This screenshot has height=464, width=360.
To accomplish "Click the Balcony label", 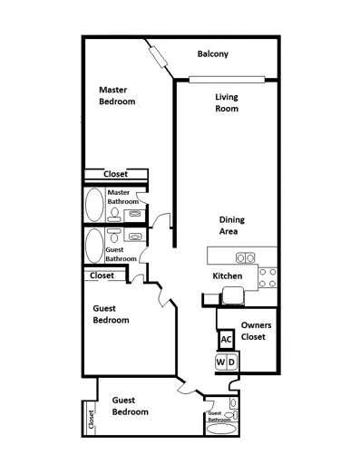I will pyautogui.click(x=213, y=54).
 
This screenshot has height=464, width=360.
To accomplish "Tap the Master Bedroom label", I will pyautogui.click(x=117, y=95).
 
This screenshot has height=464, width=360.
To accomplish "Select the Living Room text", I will pyautogui.click(x=227, y=102).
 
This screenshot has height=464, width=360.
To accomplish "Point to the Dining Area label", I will pyautogui.click(x=232, y=225).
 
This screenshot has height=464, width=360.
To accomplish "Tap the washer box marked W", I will pyautogui.click(x=220, y=363).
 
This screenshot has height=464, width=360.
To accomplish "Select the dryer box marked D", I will pyautogui.click(x=232, y=363).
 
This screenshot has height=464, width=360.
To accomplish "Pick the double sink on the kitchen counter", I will pyautogui.click(x=246, y=257).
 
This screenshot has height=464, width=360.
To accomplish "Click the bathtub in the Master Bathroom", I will pyautogui.click(x=93, y=205).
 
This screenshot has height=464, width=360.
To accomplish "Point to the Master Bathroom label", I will pyautogui.click(x=122, y=197).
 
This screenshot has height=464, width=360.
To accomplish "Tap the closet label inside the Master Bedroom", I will pyautogui.click(x=114, y=174).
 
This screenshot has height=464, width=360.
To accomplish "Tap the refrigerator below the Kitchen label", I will pyautogui.click(x=232, y=293).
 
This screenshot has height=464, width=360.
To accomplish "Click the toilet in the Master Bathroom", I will pyautogui.click(x=115, y=213).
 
